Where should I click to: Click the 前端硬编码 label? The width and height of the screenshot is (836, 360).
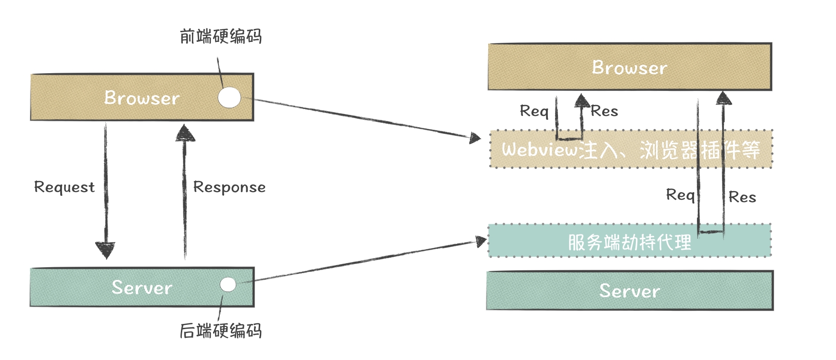click(x=221, y=37)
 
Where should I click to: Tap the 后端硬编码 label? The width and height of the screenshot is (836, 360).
click(x=221, y=331)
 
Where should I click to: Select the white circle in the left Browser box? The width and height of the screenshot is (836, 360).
click(x=229, y=98)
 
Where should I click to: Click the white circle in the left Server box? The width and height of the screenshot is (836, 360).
click(x=228, y=284)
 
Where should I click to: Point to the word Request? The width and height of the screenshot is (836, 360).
click(x=64, y=187)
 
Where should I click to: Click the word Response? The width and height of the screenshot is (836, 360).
click(x=229, y=187)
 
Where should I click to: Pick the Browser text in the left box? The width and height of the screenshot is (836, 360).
click(x=142, y=98)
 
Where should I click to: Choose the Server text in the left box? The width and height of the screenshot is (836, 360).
click(x=142, y=288)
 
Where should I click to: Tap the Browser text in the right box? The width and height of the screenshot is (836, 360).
click(x=630, y=68)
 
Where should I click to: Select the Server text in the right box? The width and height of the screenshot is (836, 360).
click(x=630, y=291)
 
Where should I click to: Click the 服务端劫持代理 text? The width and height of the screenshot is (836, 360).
click(x=630, y=242)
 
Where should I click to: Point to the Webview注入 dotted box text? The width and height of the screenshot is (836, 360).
click(x=631, y=150)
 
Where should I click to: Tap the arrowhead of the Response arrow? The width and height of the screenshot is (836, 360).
click(x=185, y=133)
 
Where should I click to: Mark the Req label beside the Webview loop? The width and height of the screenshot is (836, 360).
click(x=534, y=111)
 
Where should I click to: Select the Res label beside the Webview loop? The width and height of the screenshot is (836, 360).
click(x=604, y=111)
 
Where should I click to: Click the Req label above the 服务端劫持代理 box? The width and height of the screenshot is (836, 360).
click(x=680, y=195)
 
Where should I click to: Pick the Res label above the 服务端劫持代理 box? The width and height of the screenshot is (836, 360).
click(x=742, y=197)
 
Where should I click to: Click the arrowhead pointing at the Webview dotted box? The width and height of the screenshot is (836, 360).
click(x=475, y=139)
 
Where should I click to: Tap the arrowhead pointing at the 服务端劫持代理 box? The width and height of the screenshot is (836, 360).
click(x=481, y=241)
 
